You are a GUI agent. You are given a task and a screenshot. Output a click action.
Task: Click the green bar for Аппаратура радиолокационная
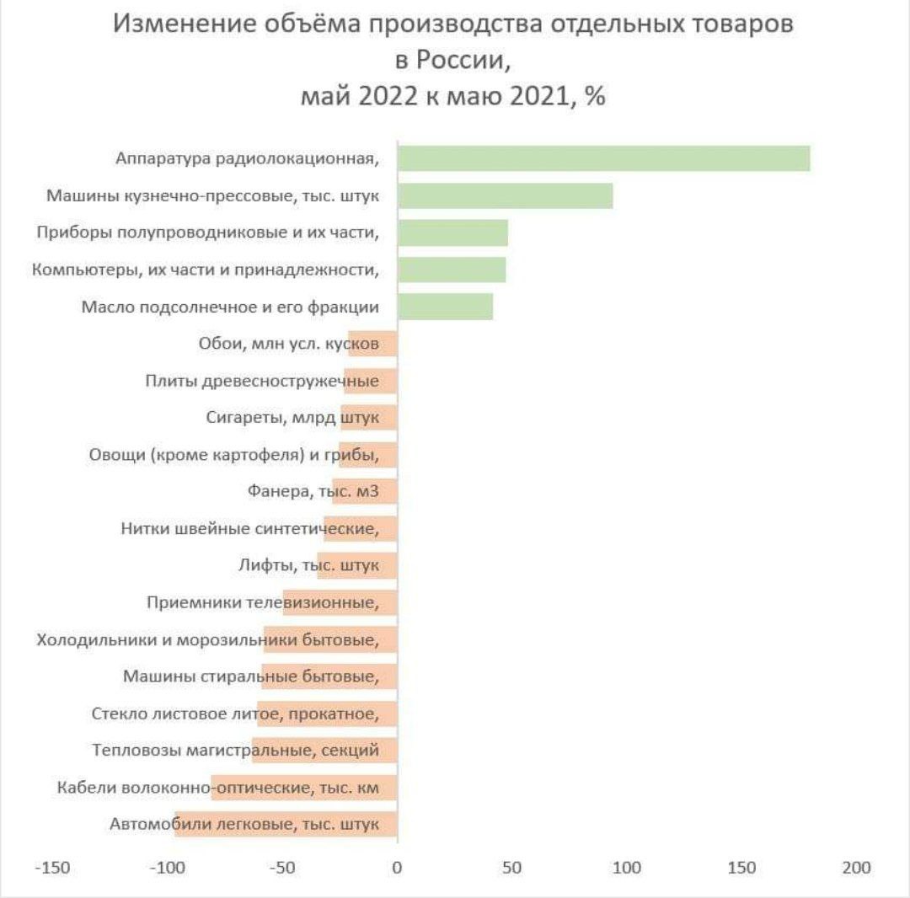[603, 158]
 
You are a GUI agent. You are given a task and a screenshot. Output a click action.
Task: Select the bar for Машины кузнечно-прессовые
[505, 195]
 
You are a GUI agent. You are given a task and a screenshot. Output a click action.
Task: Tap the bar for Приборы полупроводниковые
[452, 233]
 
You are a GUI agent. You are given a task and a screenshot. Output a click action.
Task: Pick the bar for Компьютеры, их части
[452, 270]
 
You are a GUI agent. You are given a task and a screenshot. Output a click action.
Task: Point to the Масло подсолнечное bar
[445, 307]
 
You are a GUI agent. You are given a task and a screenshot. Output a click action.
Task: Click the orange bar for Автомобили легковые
[286, 825]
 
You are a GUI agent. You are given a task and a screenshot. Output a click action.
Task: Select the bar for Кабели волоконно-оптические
[304, 788]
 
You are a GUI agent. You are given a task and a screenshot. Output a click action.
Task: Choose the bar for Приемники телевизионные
[340, 603]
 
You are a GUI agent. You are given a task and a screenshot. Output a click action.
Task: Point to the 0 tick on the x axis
[397, 868]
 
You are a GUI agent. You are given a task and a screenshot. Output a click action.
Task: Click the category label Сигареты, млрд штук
[292, 418]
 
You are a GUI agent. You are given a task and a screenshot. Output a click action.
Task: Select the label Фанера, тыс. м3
[313, 492]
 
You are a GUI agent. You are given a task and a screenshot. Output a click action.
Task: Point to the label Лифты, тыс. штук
[308, 565]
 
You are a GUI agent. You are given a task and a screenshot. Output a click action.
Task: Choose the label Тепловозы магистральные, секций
[235, 751]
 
